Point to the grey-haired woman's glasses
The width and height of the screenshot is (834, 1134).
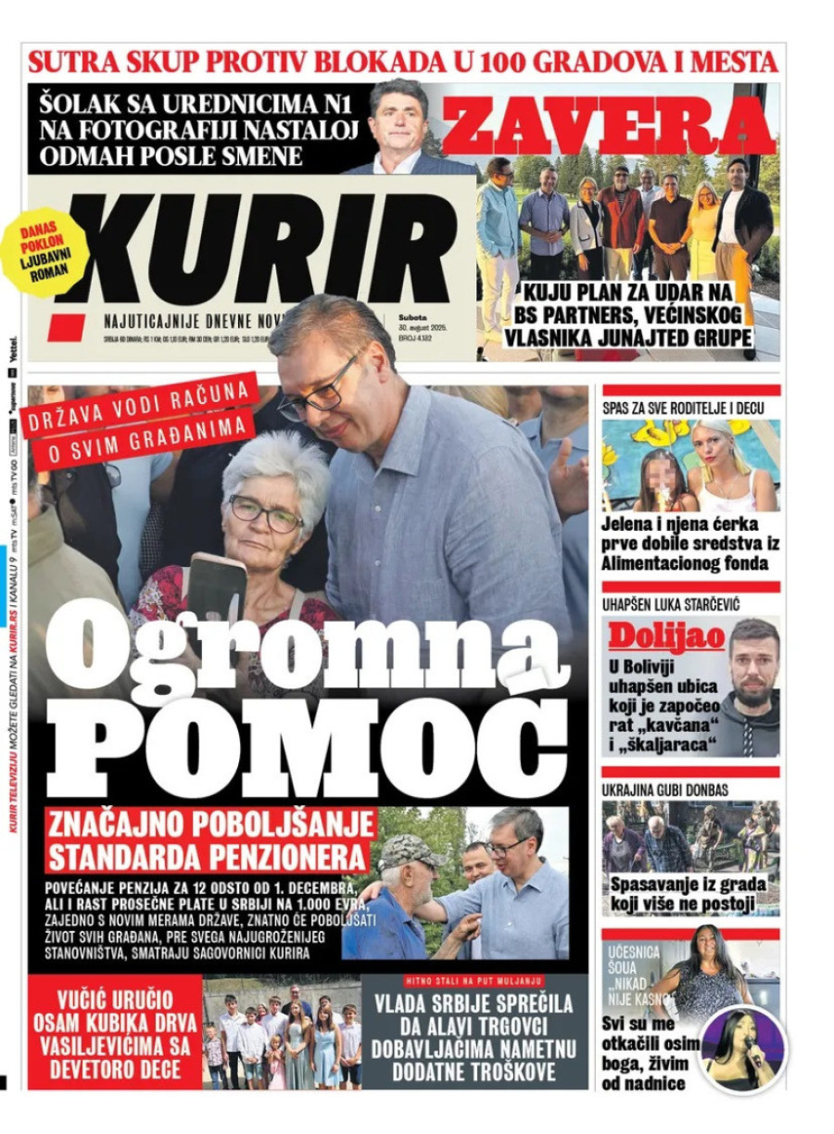pos(266,512)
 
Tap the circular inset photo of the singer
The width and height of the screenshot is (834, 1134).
pos(742,1049)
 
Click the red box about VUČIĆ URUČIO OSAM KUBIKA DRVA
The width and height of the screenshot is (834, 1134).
pos(115,1031)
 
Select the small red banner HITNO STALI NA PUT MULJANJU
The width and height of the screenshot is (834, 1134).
pos(474,980)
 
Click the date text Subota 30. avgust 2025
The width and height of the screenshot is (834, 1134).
pos(423,327)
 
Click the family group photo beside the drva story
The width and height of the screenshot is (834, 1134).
pos(282,1033)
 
